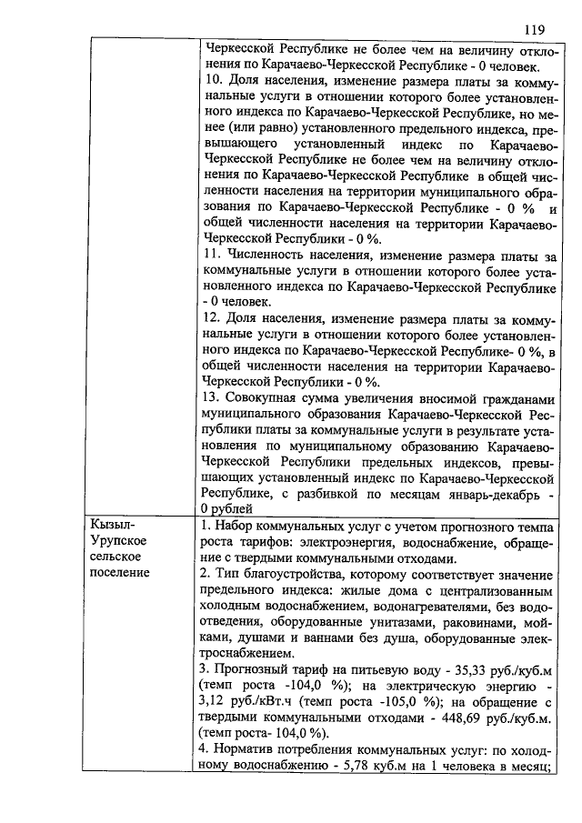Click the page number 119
tap(534, 28)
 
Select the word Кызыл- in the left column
tap(110, 525)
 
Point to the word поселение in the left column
tap(122, 574)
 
